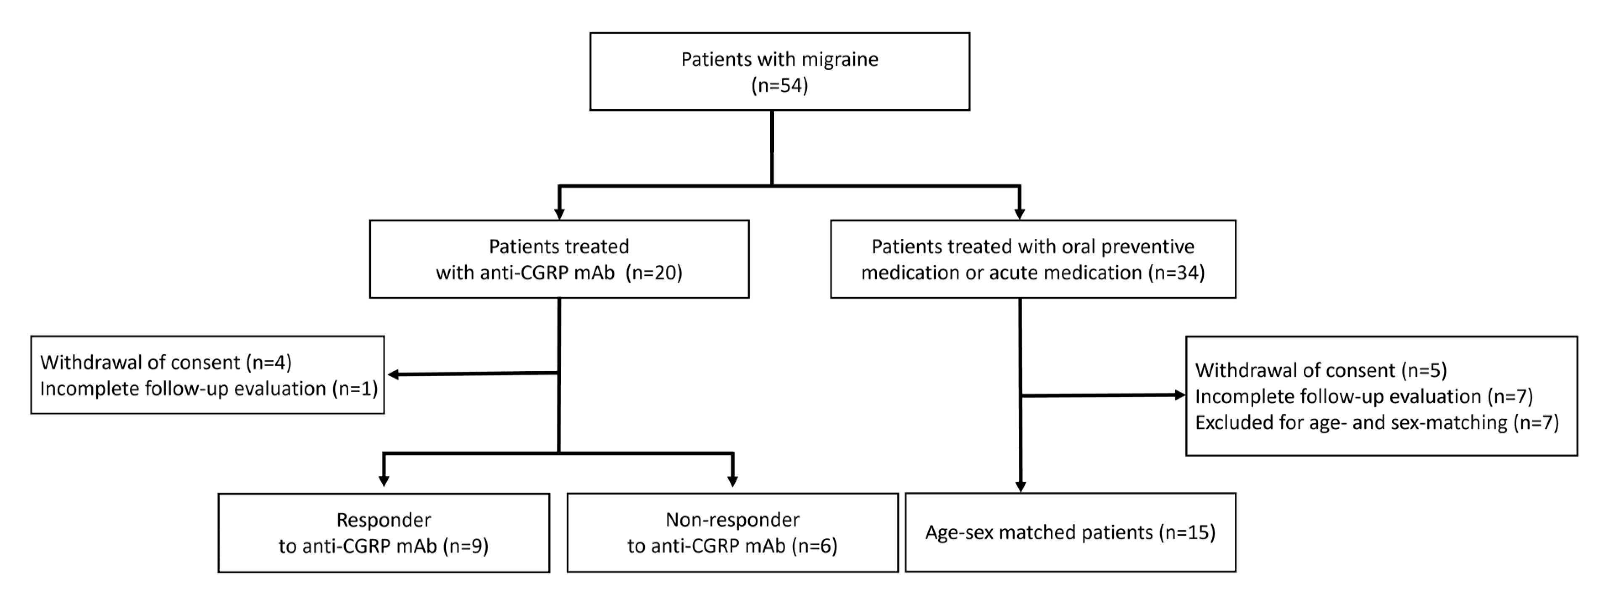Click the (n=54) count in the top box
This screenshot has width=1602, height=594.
pyautogui.click(x=779, y=85)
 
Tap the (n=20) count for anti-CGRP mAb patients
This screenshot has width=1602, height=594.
pyautogui.click(x=654, y=272)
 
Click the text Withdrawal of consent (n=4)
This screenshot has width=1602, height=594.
pyautogui.click(x=166, y=362)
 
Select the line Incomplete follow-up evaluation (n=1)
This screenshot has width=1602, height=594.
pyautogui.click(x=209, y=389)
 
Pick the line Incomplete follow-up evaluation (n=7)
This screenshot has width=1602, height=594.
pyautogui.click(x=1364, y=396)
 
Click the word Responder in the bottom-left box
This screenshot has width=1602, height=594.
pyautogui.click(x=384, y=519)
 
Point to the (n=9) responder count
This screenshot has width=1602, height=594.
pyautogui.click(x=465, y=546)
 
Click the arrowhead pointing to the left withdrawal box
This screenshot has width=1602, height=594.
pyautogui.click(x=393, y=375)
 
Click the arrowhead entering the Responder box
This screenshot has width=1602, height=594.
pyautogui.click(x=384, y=481)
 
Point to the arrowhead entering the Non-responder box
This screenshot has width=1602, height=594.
pyautogui.click(x=733, y=481)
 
